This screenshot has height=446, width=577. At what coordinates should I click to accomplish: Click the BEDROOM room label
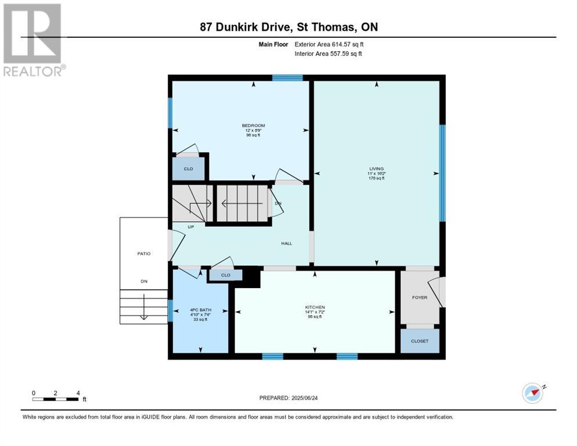[253, 126]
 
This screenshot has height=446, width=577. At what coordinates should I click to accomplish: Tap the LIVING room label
[376, 169]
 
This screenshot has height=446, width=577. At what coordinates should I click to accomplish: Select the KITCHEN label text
[315, 307]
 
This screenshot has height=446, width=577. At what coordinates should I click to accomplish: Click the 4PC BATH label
[200, 310]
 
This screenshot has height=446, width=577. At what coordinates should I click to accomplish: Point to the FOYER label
[419, 297]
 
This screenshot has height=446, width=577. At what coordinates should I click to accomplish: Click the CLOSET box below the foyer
[419, 341]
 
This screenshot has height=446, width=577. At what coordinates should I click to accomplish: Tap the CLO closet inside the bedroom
[188, 169]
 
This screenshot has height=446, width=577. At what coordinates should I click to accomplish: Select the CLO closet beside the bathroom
[225, 275]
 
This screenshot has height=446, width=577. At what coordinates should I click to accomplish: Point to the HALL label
[286, 243]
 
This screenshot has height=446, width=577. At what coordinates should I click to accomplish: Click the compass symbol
[532, 393]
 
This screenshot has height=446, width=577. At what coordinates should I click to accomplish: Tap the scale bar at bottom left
[56, 398]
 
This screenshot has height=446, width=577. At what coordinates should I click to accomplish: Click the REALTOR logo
[33, 39]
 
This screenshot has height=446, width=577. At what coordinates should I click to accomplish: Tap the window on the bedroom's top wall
[287, 78]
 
